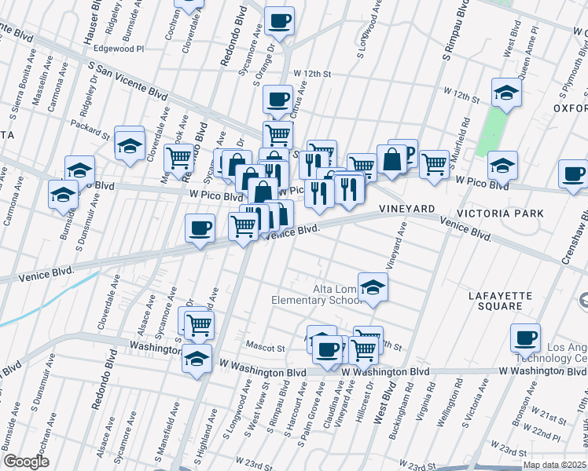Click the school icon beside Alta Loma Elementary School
tap(373, 287)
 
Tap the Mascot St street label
tap(263, 347)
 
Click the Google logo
tap(26, 462)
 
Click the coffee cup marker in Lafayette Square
tap(525, 338)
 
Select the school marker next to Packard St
tap(130, 144)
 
